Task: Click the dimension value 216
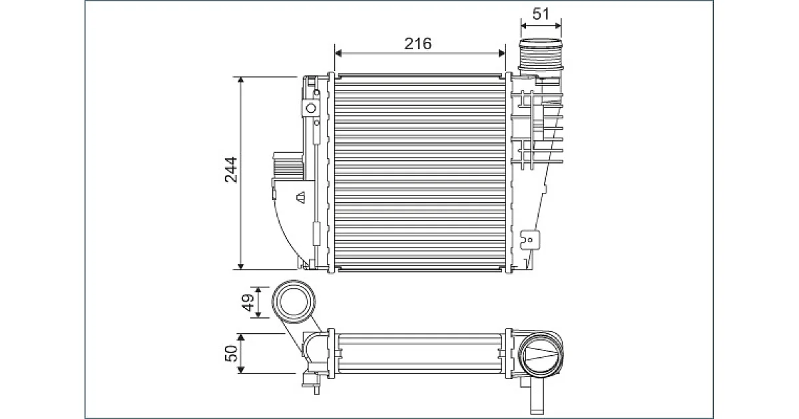(417, 43)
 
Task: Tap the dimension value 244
(231, 170)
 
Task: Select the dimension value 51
(541, 14)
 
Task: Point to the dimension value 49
(248, 303)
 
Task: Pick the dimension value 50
(232, 353)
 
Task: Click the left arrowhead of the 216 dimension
(338, 53)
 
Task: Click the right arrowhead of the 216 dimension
(502, 53)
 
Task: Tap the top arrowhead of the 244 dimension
(241, 80)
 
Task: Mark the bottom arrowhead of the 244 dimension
(241, 266)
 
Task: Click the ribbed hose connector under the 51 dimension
(541, 55)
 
